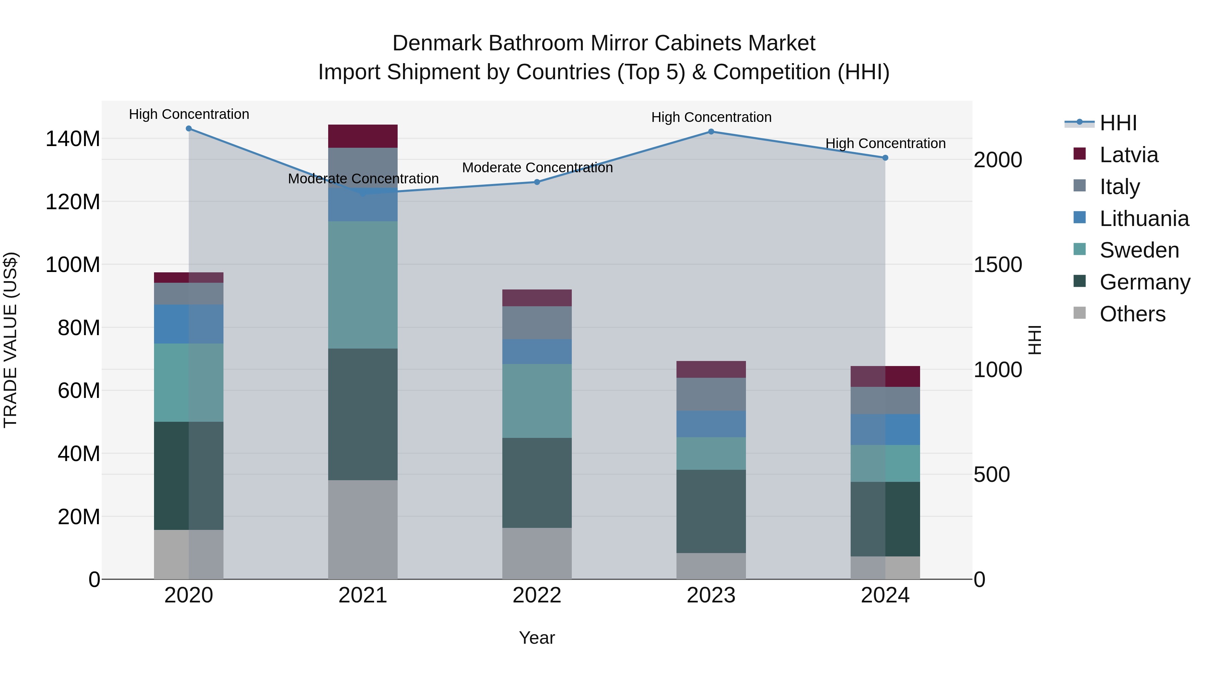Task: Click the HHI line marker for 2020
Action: [189, 129]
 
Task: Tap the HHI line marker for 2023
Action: [711, 132]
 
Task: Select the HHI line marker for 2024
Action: [885, 158]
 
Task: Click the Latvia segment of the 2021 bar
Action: [362, 136]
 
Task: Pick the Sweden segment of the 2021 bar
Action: [362, 284]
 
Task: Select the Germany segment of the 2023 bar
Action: [711, 511]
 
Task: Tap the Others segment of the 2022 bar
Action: [537, 553]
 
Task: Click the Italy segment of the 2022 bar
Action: [537, 323]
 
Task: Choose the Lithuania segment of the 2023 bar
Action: [711, 424]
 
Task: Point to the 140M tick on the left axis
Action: [73, 139]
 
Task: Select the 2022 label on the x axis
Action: [537, 595]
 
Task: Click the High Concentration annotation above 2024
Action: [885, 144]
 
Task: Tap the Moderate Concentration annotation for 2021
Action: [363, 179]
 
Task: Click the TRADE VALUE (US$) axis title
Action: [10, 340]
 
